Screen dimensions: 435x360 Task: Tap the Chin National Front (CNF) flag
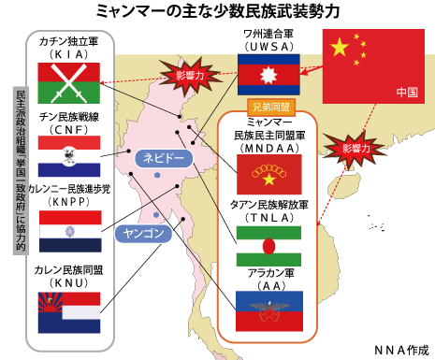(69, 155)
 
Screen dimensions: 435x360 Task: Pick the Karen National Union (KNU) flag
(69, 311)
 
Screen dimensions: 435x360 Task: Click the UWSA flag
(268, 74)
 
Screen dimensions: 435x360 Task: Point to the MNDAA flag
(268, 173)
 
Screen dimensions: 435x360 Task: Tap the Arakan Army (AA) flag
(268, 310)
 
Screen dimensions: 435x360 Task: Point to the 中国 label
(406, 92)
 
